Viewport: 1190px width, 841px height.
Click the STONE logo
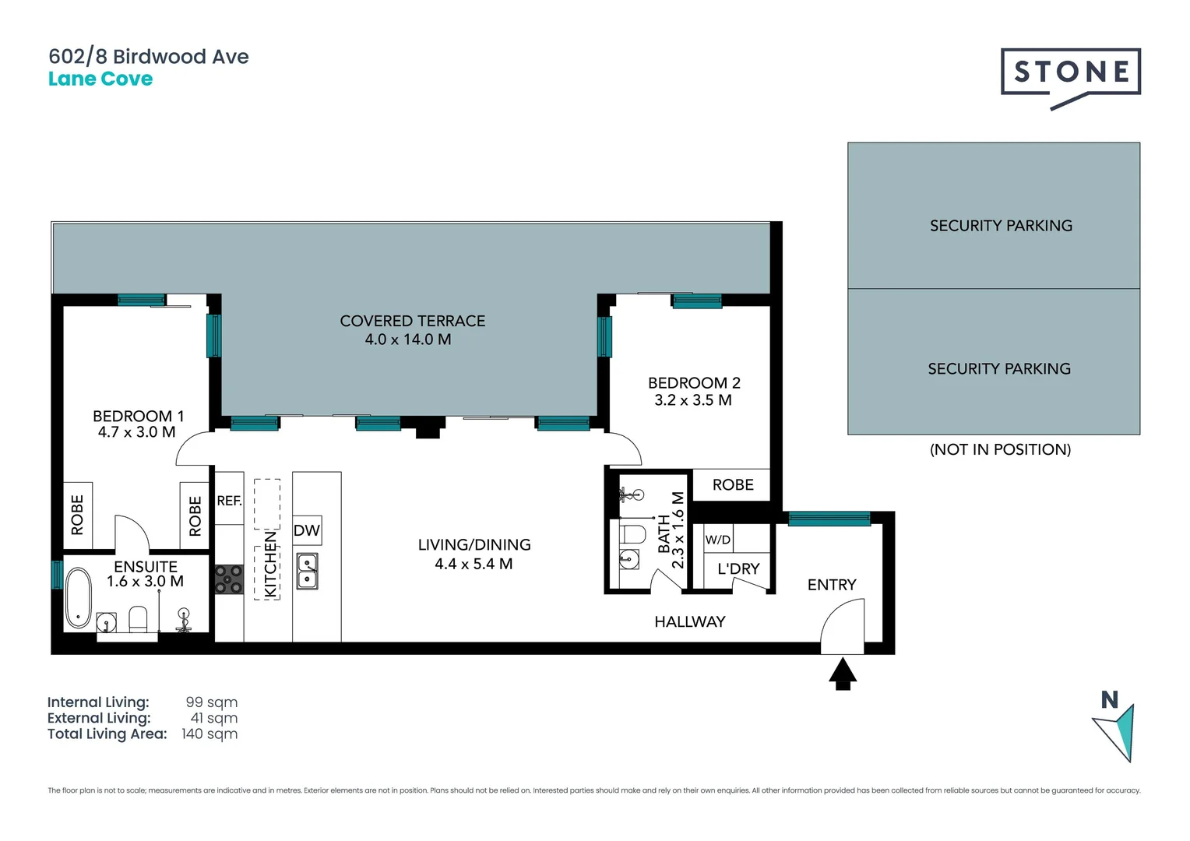click(1070, 74)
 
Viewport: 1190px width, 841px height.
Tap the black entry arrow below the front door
click(842, 674)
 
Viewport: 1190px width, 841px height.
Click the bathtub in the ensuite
click(78, 598)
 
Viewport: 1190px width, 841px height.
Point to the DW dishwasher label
click(307, 531)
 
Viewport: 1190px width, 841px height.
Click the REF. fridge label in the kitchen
click(229, 501)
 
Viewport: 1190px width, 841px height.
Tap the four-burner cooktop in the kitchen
click(229, 579)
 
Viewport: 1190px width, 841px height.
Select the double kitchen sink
click(308, 571)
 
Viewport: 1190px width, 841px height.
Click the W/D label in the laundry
click(717, 540)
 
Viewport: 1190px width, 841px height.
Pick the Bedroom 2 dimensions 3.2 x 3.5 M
click(693, 400)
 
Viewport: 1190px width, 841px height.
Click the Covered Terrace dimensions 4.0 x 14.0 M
click(408, 340)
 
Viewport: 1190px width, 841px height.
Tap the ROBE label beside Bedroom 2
click(733, 485)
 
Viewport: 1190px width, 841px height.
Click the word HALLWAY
click(689, 621)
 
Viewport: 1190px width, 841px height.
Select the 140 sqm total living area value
click(209, 734)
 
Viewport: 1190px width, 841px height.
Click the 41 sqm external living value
click(214, 719)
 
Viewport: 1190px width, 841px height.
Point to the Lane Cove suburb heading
click(100, 79)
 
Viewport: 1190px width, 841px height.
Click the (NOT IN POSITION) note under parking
click(1000, 449)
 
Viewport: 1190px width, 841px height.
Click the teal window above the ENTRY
click(829, 519)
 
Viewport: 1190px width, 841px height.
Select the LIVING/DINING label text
click(474, 545)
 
